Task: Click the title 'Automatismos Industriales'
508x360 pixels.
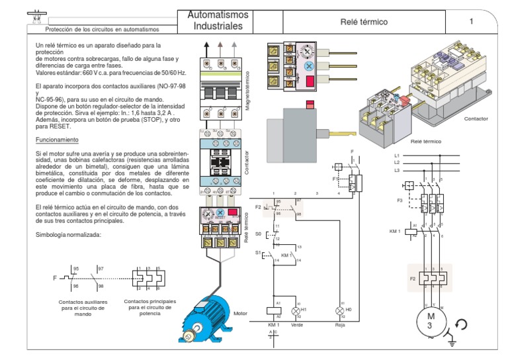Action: pyautogui.click(x=218, y=21)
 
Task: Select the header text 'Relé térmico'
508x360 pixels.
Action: pyautogui.click(x=364, y=22)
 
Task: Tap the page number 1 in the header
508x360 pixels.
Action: pyautogui.click(x=472, y=22)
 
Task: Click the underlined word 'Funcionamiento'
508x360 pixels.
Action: pyautogui.click(x=56, y=140)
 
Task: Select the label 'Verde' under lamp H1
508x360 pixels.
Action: pyautogui.click(x=297, y=325)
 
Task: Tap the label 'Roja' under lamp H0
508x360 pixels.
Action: pyautogui.click(x=340, y=325)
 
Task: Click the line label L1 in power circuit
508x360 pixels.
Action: pyautogui.click(x=397, y=155)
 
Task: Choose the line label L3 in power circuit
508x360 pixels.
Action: pyautogui.click(x=397, y=170)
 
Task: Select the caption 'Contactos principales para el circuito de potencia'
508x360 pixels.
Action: pyautogui.click(x=150, y=307)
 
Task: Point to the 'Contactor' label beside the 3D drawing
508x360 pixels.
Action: pyautogui.click(x=476, y=118)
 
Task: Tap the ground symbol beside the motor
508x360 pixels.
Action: pyautogui.click(x=452, y=340)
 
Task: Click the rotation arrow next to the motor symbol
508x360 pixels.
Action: pyautogui.click(x=461, y=324)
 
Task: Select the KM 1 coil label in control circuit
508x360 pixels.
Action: pyautogui.click(x=273, y=325)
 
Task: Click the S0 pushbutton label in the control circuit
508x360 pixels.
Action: pyautogui.click(x=258, y=234)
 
